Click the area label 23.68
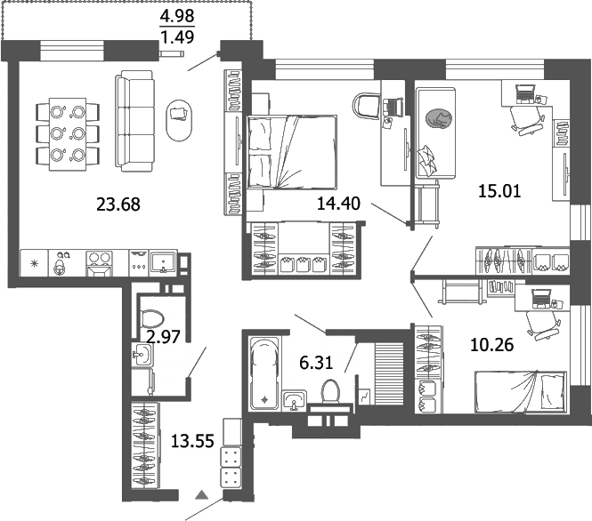point(118,204)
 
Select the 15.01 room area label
point(474,189)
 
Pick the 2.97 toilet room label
point(163,336)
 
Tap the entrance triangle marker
point(202,495)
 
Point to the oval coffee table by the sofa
point(179,119)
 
